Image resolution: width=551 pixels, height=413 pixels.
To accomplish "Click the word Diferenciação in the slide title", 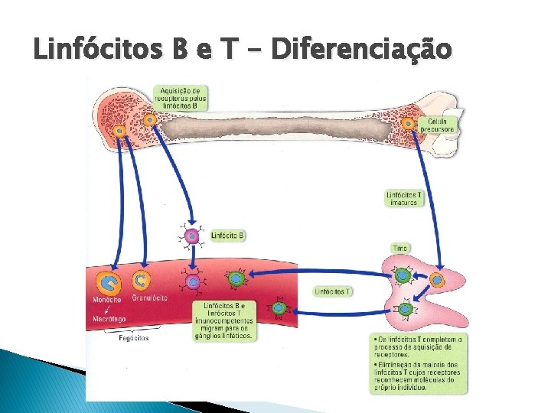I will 361,50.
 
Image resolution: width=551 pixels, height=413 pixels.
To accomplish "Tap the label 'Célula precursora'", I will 441,125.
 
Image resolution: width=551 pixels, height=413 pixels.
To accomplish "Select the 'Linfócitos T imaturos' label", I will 403,198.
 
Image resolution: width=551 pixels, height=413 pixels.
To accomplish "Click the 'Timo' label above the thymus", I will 400,249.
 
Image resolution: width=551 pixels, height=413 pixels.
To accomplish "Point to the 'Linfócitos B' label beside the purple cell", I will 227,236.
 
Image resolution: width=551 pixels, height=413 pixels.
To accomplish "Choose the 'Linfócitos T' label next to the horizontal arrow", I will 332,291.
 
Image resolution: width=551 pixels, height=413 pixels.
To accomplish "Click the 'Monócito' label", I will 107,300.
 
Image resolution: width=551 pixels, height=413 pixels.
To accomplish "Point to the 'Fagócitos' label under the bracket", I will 133,337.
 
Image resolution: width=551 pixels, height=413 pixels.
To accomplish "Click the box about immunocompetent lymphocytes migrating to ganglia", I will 224,320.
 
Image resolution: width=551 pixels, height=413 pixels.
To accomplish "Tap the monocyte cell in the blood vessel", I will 110,283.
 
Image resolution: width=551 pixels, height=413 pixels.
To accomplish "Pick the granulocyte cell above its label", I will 142,280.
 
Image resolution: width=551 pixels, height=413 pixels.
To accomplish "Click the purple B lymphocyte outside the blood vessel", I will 192,236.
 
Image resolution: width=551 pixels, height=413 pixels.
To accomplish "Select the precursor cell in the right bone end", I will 409,123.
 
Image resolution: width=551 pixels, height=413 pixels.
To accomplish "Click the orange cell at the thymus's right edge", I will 436,281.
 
